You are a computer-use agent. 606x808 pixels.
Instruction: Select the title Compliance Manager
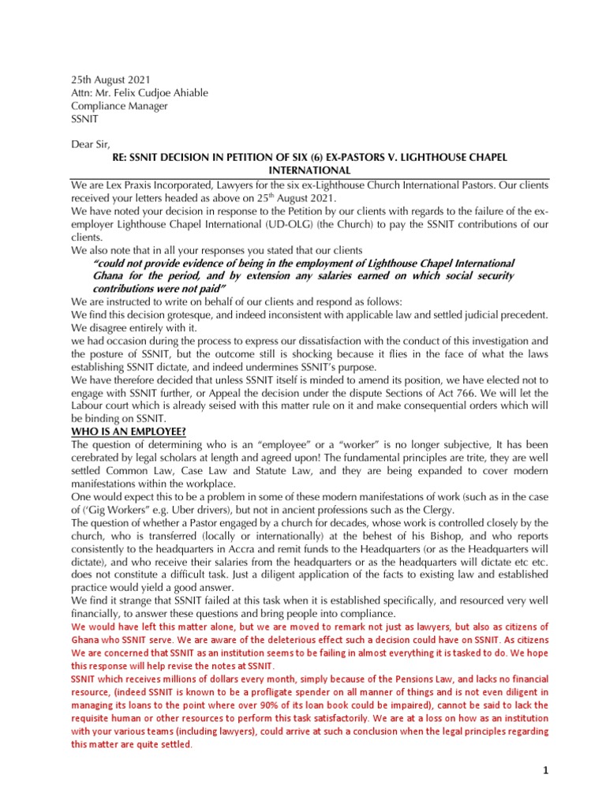coord(119,106)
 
